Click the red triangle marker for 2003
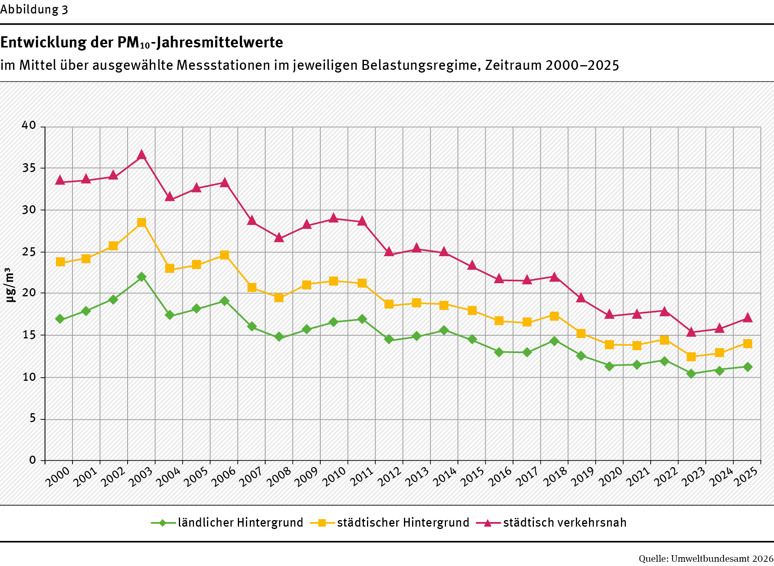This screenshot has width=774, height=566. click(141, 155)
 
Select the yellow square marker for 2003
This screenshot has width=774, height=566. click(141, 223)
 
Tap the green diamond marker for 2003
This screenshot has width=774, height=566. click(141, 277)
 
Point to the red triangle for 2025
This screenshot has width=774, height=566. click(747, 318)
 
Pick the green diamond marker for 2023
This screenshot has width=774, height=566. click(691, 373)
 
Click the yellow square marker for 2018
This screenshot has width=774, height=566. click(554, 316)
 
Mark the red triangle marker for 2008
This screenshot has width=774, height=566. click(279, 238)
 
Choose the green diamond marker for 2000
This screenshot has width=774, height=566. click(60, 319)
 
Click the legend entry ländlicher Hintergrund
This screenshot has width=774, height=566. click(240, 522)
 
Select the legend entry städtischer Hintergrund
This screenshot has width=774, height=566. click(403, 522)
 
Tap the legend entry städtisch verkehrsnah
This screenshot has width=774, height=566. click(565, 522)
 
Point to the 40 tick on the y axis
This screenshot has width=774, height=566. click(29, 125)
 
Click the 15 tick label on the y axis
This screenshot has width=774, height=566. click(29, 335)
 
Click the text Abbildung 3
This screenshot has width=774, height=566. click(34, 10)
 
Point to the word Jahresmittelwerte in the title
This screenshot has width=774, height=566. click(220, 42)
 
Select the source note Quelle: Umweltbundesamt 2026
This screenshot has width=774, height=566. click(706, 558)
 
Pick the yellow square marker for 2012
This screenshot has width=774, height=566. click(389, 304)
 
